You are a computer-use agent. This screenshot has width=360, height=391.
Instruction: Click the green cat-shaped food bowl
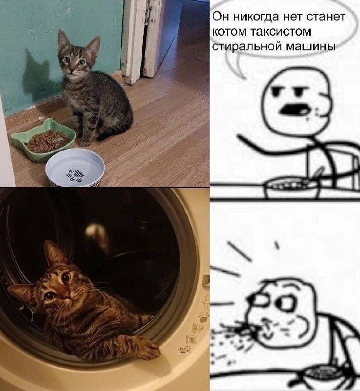coord(43,140)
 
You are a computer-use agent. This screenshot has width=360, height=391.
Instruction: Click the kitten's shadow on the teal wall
coord(38,75)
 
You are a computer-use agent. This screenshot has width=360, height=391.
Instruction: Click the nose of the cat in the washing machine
coord(66,296)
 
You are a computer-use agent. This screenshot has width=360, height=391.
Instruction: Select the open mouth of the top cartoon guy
coord(292,109)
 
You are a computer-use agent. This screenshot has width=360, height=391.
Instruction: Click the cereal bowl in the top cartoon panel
coord(291,188)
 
